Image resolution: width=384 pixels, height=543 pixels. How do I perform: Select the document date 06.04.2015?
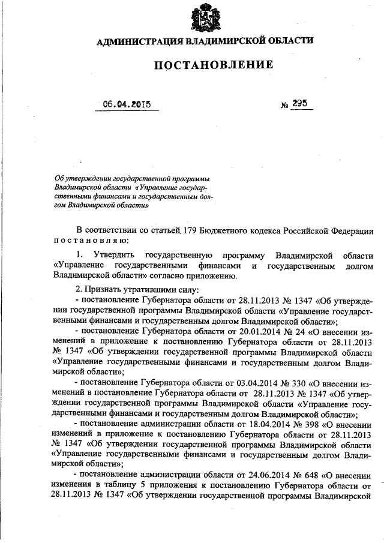(125, 104)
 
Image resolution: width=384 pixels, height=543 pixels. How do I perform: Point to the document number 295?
(300, 103)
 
